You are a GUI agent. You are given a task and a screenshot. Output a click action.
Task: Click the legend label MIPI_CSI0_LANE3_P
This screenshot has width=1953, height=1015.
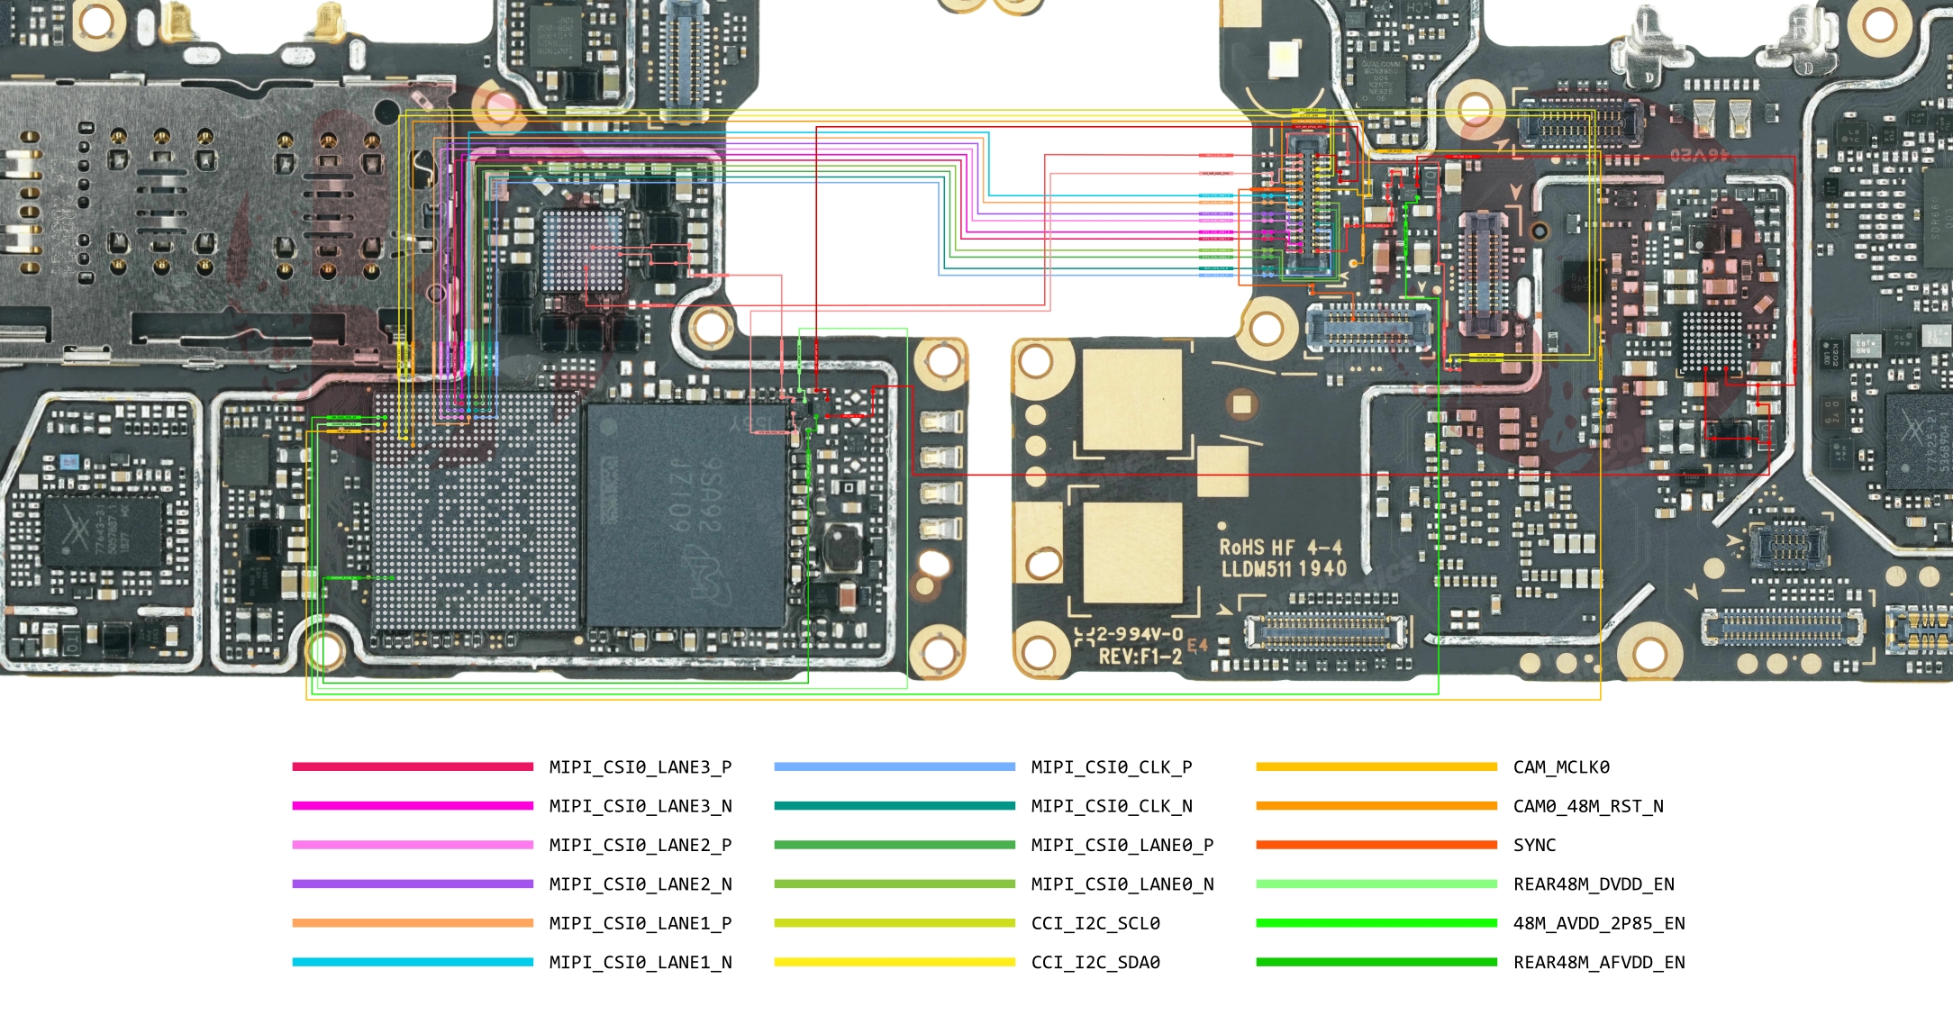640,767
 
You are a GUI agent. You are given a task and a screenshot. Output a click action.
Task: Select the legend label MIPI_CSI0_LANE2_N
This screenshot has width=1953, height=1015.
640,884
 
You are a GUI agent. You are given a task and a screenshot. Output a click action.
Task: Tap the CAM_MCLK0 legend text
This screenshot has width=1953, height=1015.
1560,767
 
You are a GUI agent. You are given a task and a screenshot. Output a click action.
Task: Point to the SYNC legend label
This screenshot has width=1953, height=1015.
1534,846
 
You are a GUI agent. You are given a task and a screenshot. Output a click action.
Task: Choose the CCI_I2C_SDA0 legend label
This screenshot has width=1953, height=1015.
1095,963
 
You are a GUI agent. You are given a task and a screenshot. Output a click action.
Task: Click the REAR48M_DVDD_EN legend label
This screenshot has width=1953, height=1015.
1593,884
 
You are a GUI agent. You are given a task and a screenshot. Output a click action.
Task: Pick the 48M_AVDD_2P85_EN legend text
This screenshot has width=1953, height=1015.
1598,923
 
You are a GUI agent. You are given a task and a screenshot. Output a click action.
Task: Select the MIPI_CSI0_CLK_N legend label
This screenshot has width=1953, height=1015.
1111,806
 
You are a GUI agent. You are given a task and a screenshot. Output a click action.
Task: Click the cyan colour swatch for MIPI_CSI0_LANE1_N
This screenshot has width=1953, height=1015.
413,962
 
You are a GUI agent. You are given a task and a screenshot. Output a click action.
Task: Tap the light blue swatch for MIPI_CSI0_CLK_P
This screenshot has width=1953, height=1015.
894,767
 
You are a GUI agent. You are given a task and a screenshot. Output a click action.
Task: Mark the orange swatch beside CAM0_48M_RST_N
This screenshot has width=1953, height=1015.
1376,806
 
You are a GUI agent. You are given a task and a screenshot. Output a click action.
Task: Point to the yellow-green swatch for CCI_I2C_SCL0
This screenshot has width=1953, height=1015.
894,923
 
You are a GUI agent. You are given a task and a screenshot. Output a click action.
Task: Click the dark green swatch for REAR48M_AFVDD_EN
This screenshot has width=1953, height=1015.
1376,962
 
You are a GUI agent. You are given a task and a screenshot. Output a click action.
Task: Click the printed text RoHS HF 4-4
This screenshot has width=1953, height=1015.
1280,548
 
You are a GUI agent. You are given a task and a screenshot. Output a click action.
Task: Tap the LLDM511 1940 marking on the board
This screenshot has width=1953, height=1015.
1284,569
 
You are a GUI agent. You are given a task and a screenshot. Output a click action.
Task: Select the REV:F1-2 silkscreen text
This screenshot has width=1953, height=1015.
1140,657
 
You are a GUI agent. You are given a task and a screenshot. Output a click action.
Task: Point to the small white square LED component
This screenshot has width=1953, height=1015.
1284,59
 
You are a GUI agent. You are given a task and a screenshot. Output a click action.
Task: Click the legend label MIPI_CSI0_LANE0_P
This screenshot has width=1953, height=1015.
1122,846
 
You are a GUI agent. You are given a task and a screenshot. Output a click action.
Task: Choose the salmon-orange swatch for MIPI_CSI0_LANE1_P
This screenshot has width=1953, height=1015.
413,923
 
